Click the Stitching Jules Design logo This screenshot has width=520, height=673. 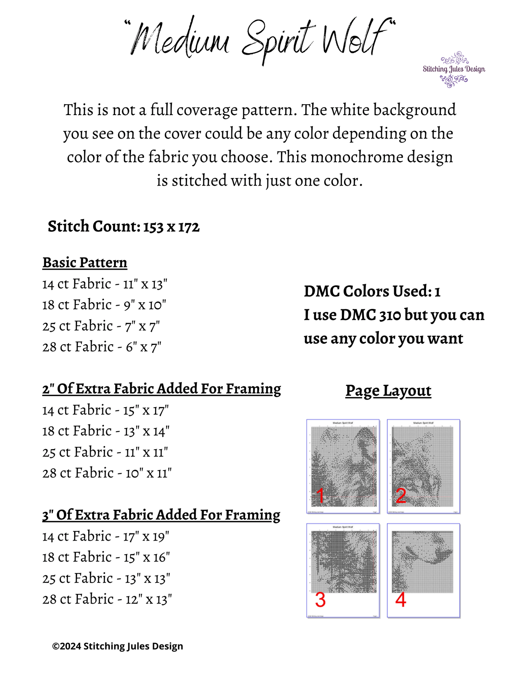[x=454, y=69]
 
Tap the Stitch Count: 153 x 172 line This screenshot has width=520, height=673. [x=123, y=227]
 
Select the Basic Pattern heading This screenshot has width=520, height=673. [x=85, y=263]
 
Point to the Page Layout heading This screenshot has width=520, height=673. [x=388, y=391]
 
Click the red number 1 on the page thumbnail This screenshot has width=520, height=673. [x=320, y=496]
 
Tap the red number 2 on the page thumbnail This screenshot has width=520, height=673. [x=401, y=496]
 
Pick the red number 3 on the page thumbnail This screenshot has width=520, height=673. [x=320, y=600]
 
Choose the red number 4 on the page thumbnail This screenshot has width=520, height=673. [x=401, y=600]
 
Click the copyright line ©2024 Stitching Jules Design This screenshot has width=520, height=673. [x=118, y=646]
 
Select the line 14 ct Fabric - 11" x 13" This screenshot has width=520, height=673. [x=105, y=284]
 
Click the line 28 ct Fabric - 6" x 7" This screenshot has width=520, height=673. [x=102, y=347]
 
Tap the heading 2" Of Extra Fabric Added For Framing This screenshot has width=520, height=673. [x=162, y=389]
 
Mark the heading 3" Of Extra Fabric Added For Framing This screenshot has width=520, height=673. [x=161, y=515]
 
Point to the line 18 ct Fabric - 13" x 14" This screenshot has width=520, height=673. [x=106, y=431]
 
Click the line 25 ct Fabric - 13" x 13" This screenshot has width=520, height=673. [x=106, y=578]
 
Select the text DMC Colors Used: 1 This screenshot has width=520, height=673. [x=372, y=291]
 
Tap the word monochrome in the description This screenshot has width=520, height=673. [x=348, y=157]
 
